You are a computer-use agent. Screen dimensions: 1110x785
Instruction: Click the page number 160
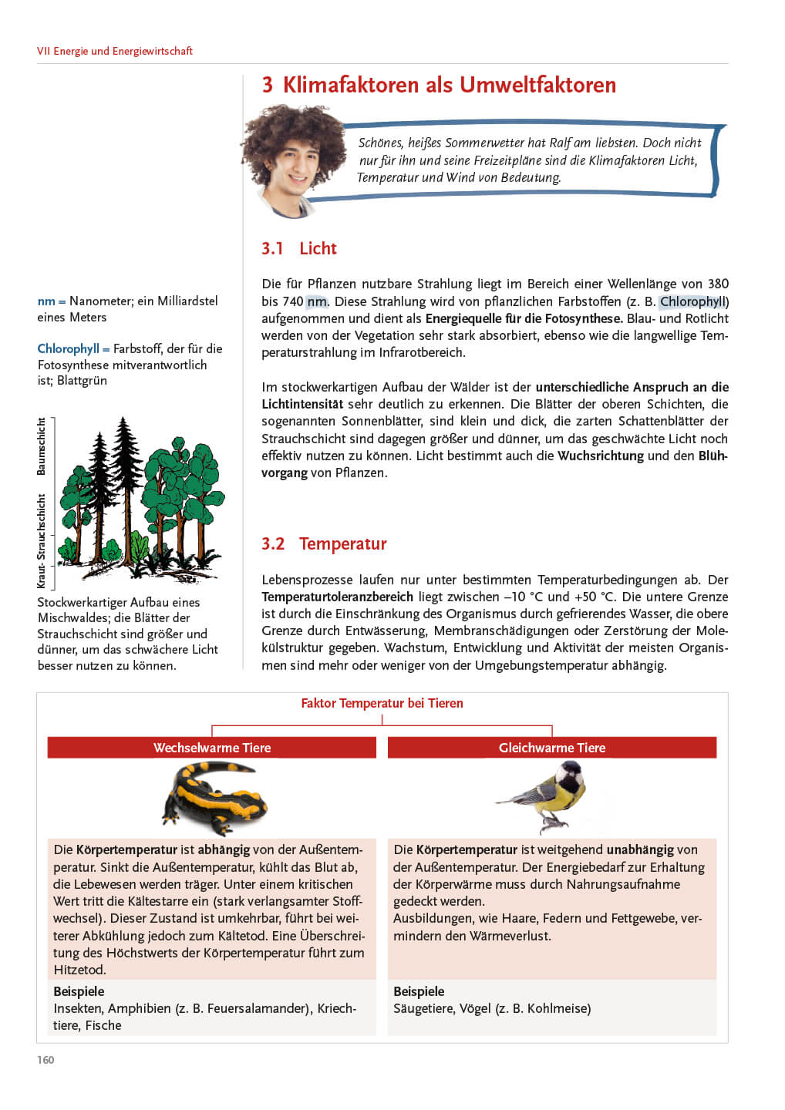[45, 1060]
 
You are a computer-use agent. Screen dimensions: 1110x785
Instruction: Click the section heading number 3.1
[272, 248]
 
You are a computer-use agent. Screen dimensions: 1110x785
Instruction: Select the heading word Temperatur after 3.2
[342, 543]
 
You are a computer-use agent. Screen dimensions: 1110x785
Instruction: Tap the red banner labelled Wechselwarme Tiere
[212, 748]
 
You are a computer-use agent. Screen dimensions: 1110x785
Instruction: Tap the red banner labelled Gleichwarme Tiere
[552, 748]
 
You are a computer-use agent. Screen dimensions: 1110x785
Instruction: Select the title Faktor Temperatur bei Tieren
[382, 703]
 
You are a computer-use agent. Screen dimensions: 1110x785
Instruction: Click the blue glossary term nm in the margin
[46, 301]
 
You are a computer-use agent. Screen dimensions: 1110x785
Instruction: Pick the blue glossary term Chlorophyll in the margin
[68, 348]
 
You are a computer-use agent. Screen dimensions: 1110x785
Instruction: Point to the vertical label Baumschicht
[42, 446]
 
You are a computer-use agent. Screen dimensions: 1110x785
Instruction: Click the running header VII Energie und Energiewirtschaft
[115, 51]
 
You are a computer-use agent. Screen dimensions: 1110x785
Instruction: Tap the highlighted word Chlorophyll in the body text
[692, 301]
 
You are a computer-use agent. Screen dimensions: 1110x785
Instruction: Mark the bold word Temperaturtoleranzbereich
[337, 597]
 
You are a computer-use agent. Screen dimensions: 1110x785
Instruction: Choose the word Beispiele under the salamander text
[79, 991]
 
